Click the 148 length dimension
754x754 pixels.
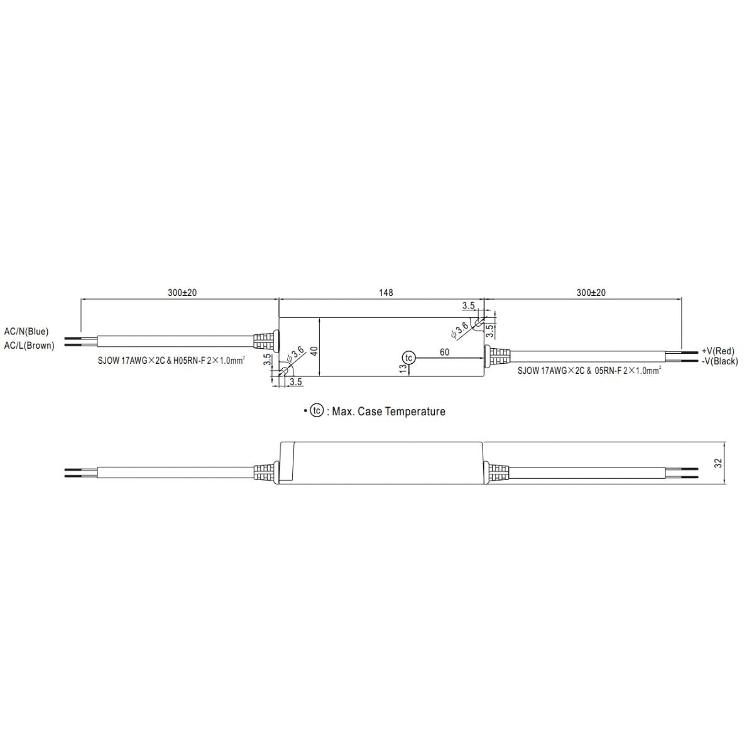(385, 293)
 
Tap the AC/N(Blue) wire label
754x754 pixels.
(26, 331)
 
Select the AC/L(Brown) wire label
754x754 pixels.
(30, 346)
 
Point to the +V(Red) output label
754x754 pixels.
(718, 351)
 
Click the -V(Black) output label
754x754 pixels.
(719, 361)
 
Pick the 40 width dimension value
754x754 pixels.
(314, 351)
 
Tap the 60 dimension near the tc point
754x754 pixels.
(444, 352)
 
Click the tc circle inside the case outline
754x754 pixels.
(409, 358)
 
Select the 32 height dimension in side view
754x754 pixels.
(718, 463)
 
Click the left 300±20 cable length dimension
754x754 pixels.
(182, 293)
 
